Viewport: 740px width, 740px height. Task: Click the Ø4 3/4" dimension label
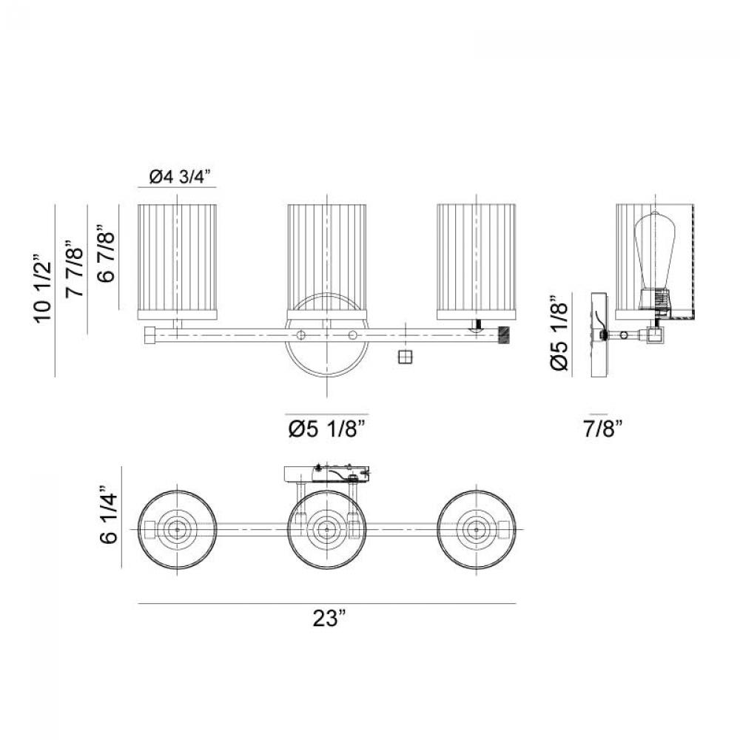tap(179, 178)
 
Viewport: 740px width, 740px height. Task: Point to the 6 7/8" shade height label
tap(107, 256)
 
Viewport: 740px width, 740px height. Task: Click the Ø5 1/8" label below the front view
tap(327, 429)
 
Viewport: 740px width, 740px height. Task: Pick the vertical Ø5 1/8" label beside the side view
tap(559, 334)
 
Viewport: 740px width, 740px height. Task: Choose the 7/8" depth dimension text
tap(604, 429)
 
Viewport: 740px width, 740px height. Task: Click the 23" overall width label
tap(329, 618)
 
